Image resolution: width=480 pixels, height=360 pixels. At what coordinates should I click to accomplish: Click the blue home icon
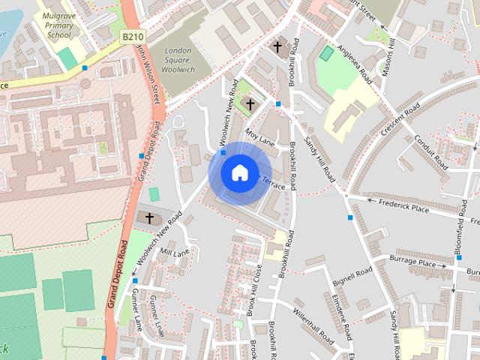(239, 172)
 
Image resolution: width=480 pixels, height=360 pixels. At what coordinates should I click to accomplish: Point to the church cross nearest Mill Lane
(149, 218)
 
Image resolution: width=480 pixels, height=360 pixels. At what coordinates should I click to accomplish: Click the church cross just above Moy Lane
(250, 105)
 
